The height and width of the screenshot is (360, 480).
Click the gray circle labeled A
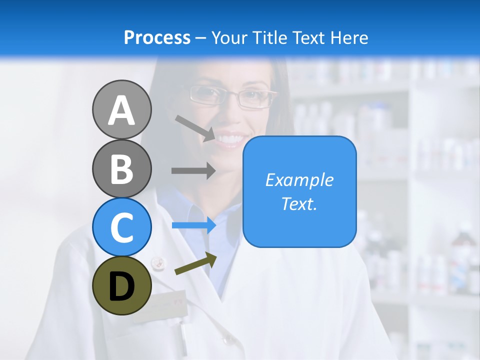[121, 110]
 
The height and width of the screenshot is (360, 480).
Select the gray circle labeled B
[121, 169]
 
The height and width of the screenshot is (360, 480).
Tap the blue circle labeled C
[121, 227]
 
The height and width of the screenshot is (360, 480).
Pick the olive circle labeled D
[121, 285]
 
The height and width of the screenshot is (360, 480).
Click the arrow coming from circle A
[195, 127]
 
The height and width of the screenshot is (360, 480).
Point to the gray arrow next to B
[193, 170]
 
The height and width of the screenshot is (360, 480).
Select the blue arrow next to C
[193, 225]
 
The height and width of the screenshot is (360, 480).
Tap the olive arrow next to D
[195, 264]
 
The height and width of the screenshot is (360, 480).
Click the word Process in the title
[157, 37]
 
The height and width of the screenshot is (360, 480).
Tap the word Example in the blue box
[299, 180]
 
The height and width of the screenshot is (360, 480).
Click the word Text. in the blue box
[299, 203]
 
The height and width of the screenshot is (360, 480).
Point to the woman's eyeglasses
[233, 96]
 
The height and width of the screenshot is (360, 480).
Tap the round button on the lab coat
[158, 261]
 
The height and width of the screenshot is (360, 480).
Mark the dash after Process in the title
[201, 37]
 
